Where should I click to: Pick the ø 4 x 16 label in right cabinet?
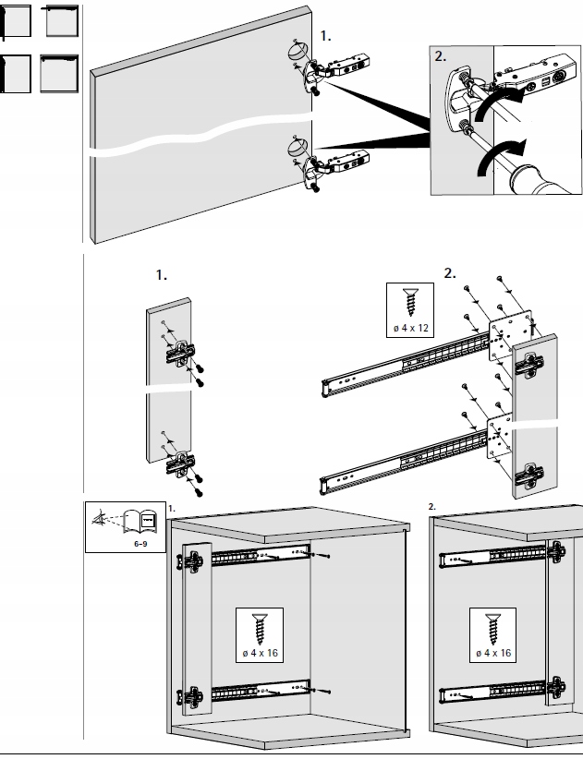point(492,653)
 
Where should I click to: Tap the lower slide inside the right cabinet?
point(491,691)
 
